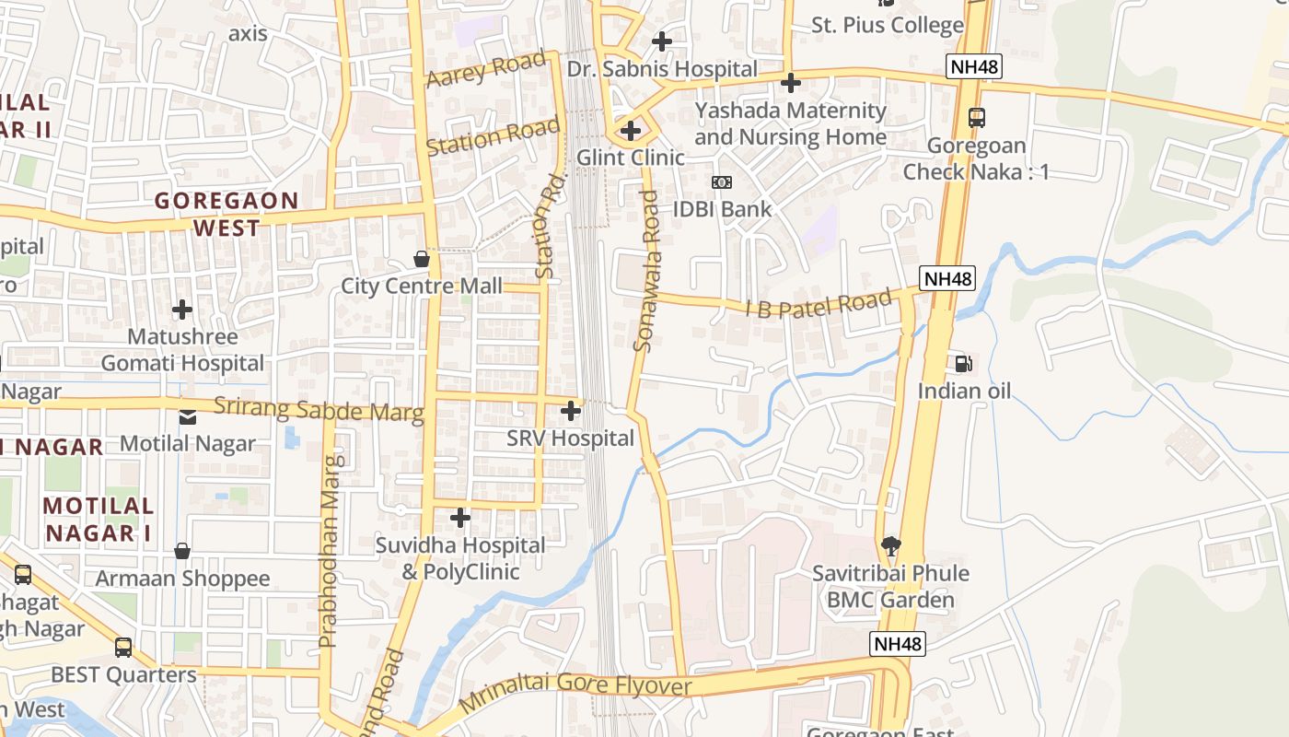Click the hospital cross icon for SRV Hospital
571,410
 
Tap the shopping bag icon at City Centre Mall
422,259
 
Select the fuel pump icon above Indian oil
963,364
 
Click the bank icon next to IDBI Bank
722,182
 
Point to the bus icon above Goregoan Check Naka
977,118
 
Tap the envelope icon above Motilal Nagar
188,416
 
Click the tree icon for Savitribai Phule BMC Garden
890,545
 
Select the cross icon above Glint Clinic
631,131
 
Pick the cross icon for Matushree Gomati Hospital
182,309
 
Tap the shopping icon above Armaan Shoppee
182,551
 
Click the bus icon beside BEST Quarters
123,647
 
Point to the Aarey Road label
486,70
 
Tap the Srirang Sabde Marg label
319,409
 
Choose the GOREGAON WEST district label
226,214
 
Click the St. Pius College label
887,25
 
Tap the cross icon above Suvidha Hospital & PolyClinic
459,518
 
